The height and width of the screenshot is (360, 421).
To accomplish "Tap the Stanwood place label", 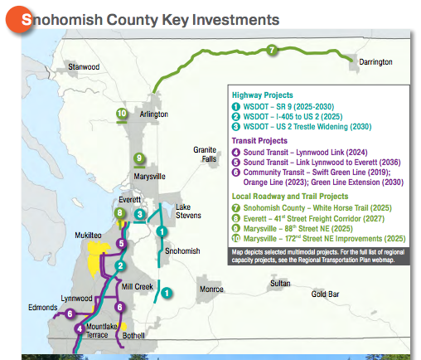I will (84, 66).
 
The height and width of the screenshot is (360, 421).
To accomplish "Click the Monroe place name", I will (210, 289).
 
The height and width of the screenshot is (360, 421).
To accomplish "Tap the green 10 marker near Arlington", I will (122, 113).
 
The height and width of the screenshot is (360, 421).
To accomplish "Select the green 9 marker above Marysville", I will (138, 158).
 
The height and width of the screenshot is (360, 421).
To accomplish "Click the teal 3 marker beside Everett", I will (141, 215).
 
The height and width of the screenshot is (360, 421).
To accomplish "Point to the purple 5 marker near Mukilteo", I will (121, 244).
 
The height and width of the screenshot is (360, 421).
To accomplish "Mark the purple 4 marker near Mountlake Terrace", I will (80, 328).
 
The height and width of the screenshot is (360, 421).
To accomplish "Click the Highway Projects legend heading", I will (262, 95).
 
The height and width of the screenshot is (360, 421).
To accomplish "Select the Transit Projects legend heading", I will (260, 140).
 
